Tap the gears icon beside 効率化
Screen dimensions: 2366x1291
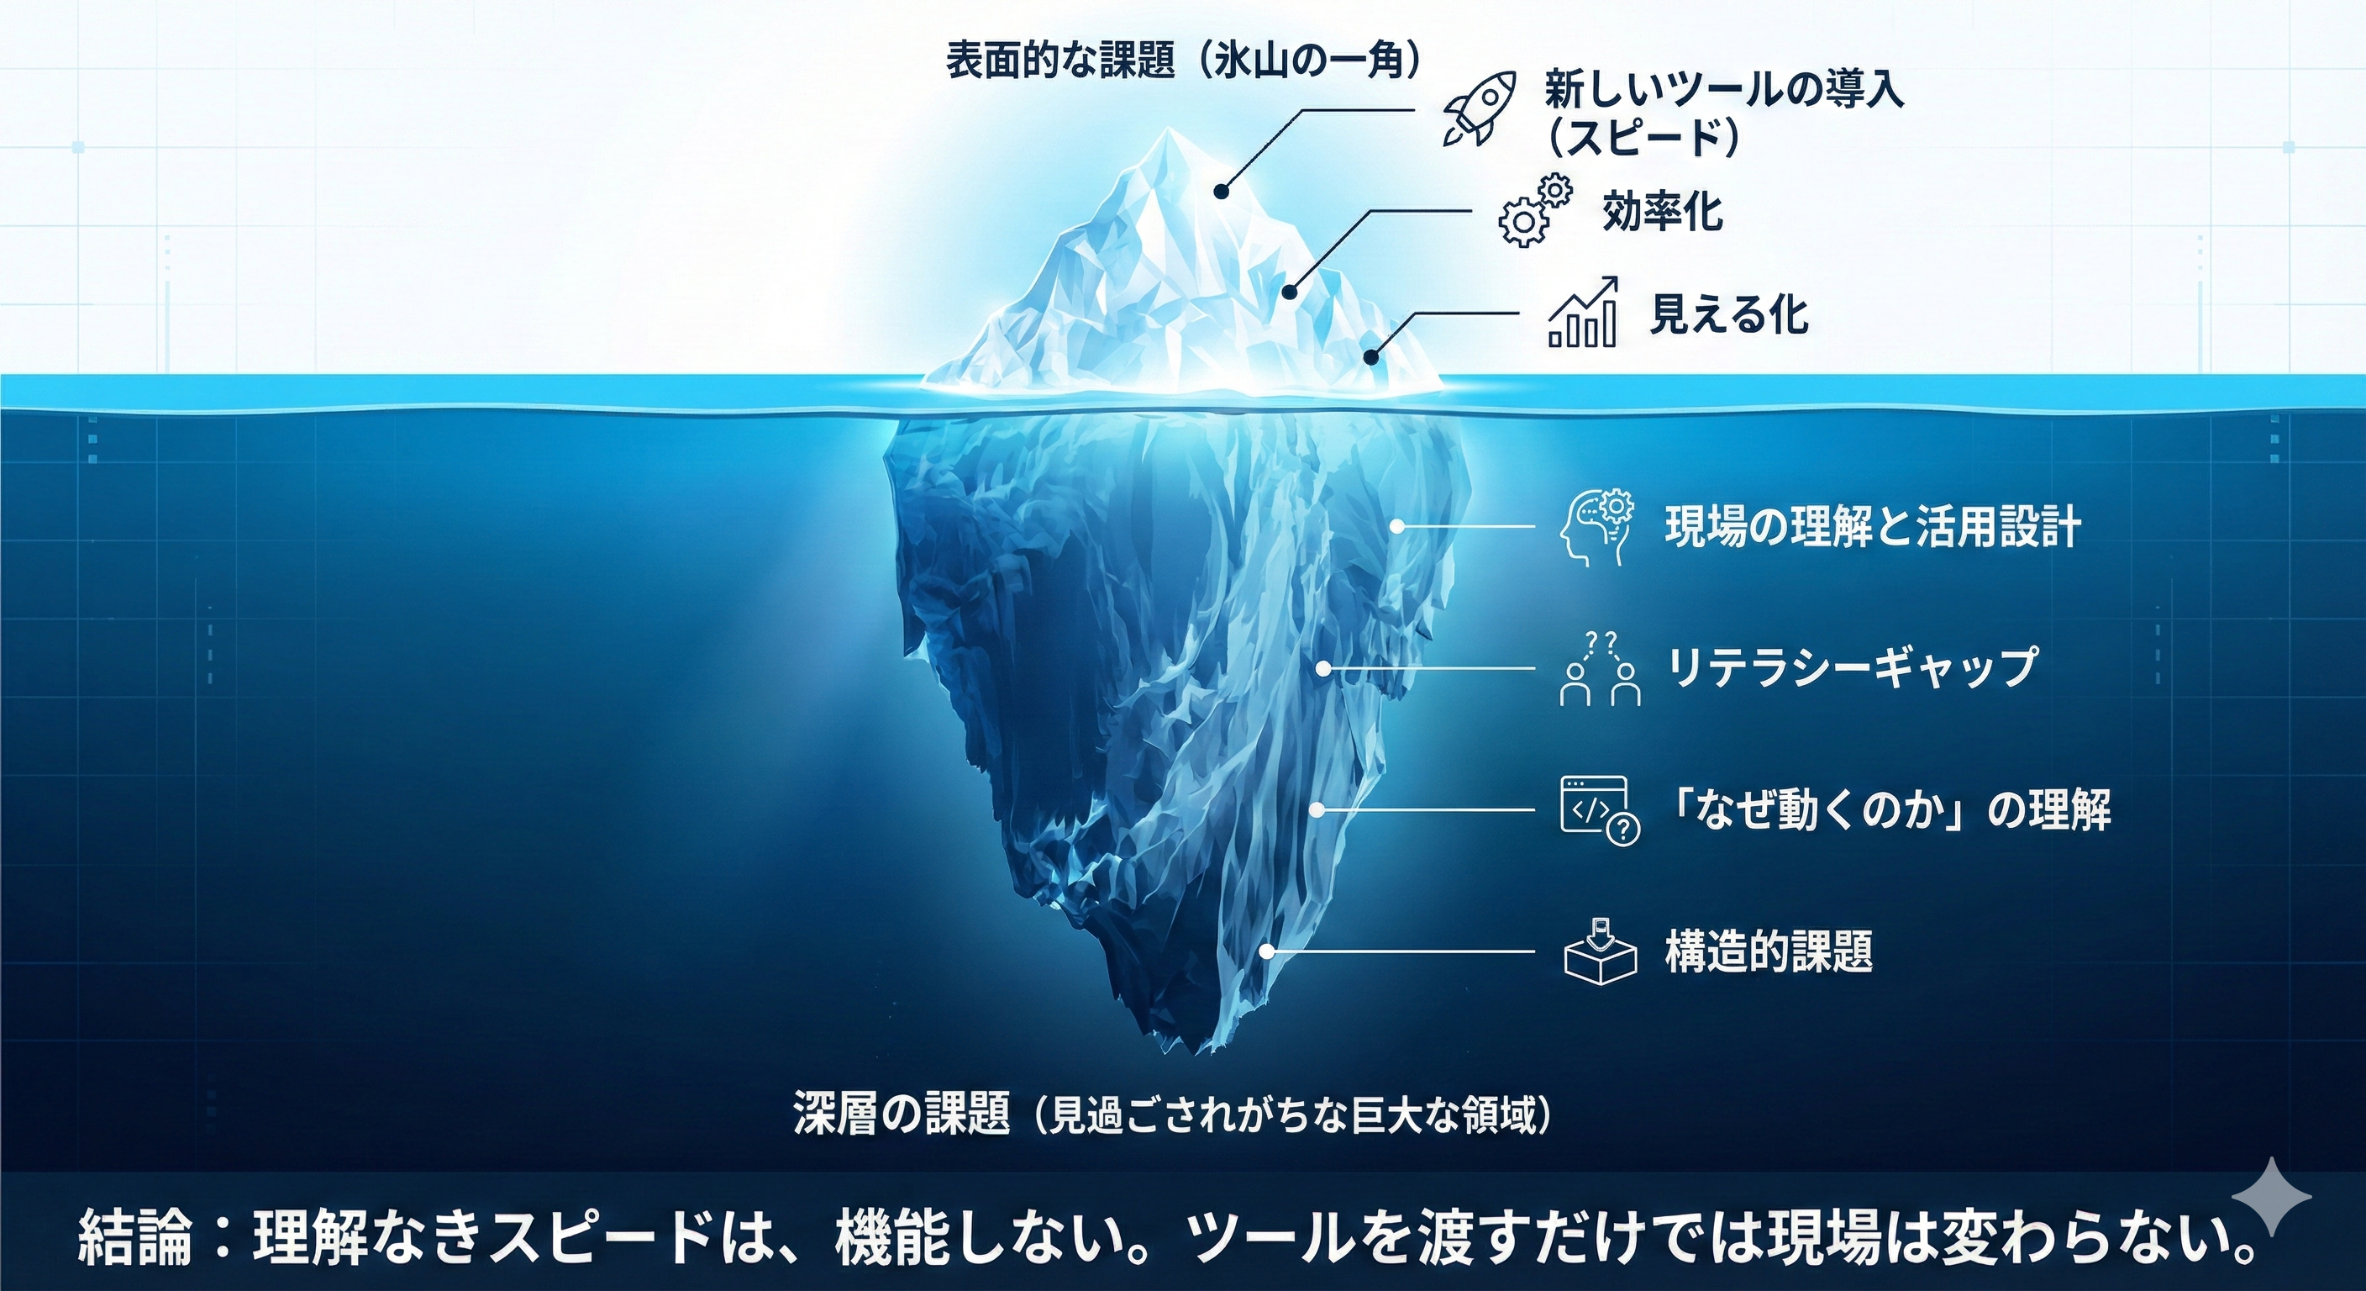coord(1534,210)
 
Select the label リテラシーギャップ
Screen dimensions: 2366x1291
coord(1851,668)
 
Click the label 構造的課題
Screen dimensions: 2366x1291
coord(1769,951)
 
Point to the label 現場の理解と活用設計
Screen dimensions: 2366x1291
coord(1872,529)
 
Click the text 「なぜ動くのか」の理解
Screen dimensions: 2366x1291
coord(1887,810)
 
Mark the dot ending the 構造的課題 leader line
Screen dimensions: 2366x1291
coord(1268,952)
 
